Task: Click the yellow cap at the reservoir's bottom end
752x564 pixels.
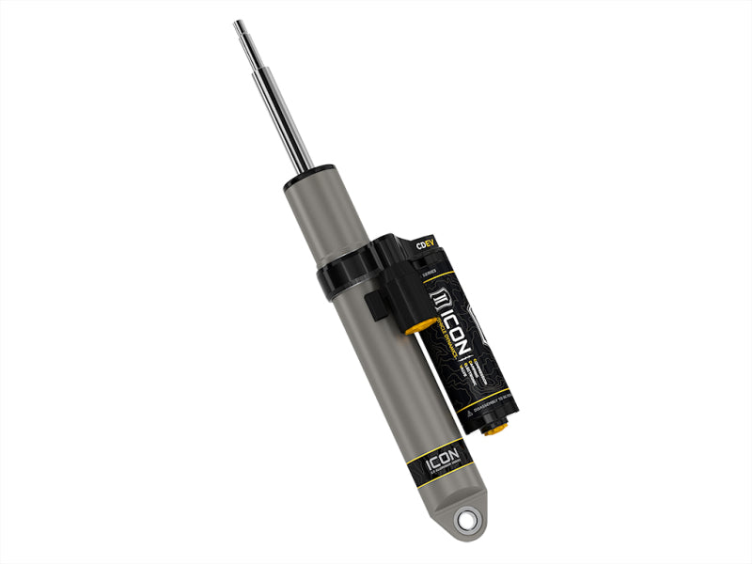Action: [496, 428]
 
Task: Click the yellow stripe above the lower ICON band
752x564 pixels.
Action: [435, 446]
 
